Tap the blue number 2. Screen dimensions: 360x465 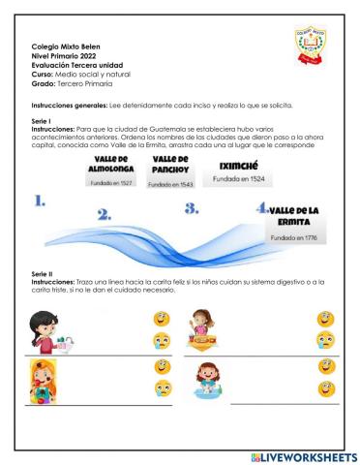[105, 214]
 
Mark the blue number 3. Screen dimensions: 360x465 [192, 207]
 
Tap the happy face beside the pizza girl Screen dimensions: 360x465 [325, 318]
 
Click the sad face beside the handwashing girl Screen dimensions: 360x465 [162, 339]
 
